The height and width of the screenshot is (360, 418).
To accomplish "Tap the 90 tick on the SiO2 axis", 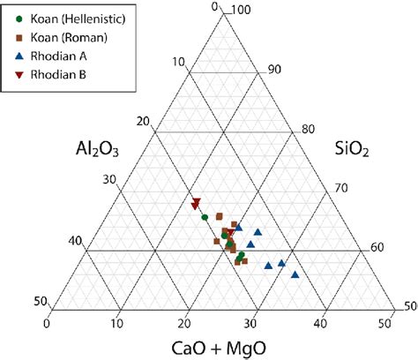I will click(273, 69).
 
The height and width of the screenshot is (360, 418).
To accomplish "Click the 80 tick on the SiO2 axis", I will click(308, 129).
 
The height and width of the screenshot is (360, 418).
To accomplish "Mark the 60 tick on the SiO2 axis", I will click(377, 248).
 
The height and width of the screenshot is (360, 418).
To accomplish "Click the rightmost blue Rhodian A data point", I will click(295, 274).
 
